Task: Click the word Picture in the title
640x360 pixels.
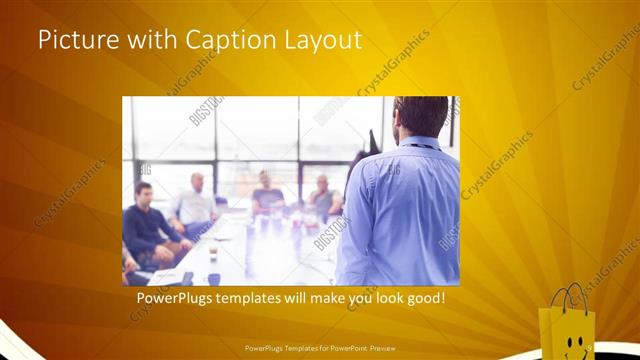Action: tap(77, 42)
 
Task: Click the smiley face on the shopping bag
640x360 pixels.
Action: tap(573, 343)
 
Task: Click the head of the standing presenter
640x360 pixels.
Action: tap(420, 118)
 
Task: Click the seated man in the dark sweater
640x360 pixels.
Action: tap(150, 225)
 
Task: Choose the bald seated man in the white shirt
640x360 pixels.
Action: tap(196, 205)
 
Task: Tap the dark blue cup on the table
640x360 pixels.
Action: tap(214, 279)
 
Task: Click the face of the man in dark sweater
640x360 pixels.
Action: tap(145, 192)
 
